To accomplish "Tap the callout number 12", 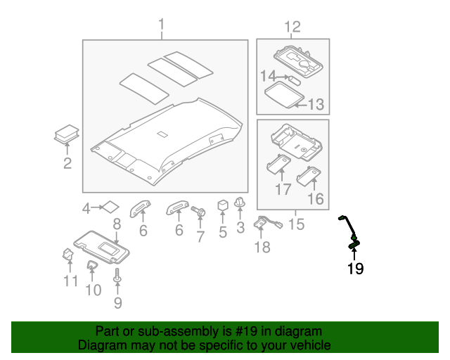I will point(292,27).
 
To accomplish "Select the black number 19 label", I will point(355,268).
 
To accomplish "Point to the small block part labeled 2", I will point(66,134).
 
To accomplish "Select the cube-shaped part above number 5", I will point(223,205).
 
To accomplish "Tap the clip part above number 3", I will point(240,203).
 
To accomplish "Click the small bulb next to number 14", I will point(294,78).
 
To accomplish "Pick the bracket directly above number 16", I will point(310,176).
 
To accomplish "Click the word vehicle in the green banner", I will point(303,345).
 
